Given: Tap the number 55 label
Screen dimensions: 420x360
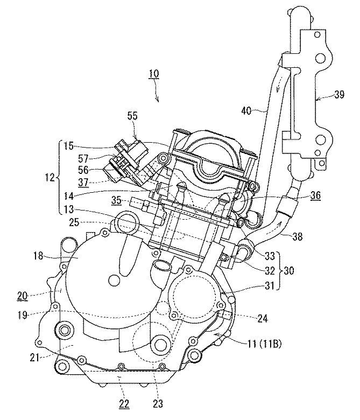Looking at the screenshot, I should click(133, 115).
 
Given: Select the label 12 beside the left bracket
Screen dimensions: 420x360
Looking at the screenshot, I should click(51, 177).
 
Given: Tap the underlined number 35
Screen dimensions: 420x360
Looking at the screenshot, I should click(116, 202).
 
